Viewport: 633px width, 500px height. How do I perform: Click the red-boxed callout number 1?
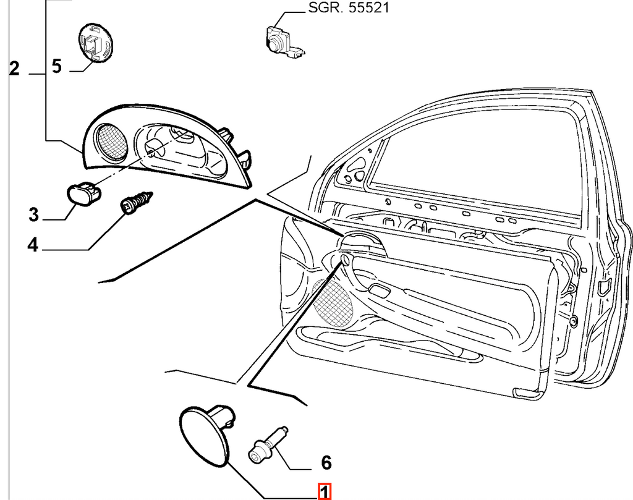click(x=324, y=493)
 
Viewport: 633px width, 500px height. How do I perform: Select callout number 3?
click(x=34, y=214)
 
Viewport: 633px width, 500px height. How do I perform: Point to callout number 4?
click(x=33, y=245)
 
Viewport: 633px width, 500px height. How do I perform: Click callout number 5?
click(x=57, y=66)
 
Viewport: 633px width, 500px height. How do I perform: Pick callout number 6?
click(x=326, y=462)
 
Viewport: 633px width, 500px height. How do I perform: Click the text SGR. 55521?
click(x=349, y=7)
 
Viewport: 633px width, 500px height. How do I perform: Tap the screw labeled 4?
click(x=137, y=202)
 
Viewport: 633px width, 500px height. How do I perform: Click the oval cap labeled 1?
click(x=206, y=434)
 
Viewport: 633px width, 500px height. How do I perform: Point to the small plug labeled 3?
click(x=83, y=193)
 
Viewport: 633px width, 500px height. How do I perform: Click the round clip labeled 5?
click(x=95, y=44)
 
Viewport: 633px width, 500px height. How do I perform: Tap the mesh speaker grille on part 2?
click(x=112, y=140)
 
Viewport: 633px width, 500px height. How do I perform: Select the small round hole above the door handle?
click(x=345, y=259)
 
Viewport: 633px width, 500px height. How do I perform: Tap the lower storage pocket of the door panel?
click(x=388, y=344)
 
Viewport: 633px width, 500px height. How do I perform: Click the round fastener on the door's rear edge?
click(x=573, y=321)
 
